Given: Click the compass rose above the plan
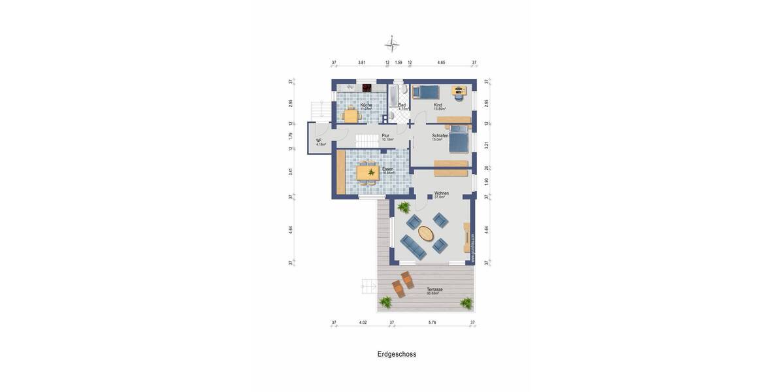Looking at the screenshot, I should (392, 44).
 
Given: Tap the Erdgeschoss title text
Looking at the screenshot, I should (397, 354).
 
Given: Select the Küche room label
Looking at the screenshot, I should (366, 105).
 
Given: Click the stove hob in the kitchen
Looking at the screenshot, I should (367, 88).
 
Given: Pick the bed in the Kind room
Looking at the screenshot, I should (426, 91).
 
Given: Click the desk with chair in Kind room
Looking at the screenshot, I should (460, 91).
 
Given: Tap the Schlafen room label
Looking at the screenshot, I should (440, 136).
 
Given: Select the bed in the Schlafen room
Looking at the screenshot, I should (458, 138).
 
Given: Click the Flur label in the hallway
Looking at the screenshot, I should (385, 136).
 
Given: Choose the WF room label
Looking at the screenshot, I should (319, 140).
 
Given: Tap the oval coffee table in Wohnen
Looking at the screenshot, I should (426, 233).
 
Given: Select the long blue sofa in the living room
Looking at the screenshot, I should (413, 247).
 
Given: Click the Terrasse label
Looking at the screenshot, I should (434, 289).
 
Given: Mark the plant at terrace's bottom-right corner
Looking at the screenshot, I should (466, 302).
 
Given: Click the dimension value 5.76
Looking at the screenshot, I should (432, 323).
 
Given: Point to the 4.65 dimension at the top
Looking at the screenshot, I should (441, 63).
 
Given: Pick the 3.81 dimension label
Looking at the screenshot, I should (361, 63).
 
